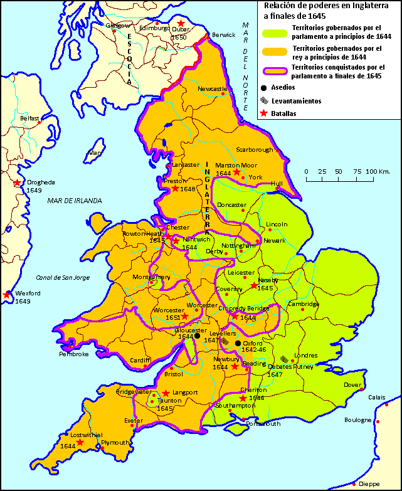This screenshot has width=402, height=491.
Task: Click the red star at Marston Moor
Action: pyautogui.click(x=236, y=172)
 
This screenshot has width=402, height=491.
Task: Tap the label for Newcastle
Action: pyautogui.click(x=211, y=89)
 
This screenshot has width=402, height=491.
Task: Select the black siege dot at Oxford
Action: pyautogui.click(x=238, y=344)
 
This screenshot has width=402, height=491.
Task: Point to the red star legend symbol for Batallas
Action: pyautogui.click(x=264, y=114)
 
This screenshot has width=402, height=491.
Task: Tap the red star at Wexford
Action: pyautogui.click(x=8, y=294)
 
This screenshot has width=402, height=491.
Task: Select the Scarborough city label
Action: pyautogui.click(x=255, y=150)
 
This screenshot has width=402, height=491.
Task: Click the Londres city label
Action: pyautogui.click(x=306, y=355)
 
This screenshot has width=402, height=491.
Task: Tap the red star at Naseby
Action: pyautogui.click(x=254, y=287)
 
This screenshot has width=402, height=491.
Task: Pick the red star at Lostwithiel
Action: pyautogui.click(x=80, y=443)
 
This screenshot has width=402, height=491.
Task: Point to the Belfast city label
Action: pyautogui.click(x=29, y=118)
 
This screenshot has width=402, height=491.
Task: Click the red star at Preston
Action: pyautogui.click(x=175, y=189)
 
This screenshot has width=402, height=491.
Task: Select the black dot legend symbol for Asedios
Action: pyautogui.click(x=264, y=88)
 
